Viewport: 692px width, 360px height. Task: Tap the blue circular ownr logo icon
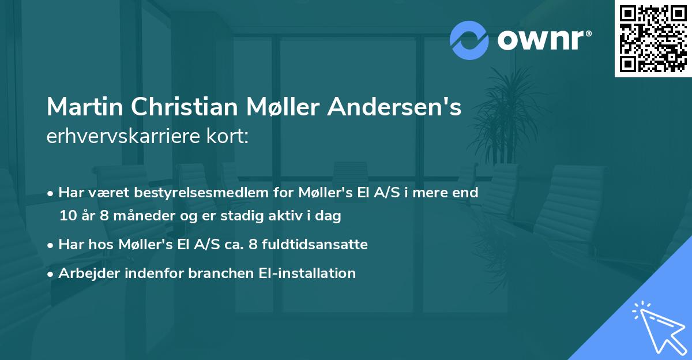[x=469, y=40]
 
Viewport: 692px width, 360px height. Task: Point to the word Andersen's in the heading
[x=394, y=107]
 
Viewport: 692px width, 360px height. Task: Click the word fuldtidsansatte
[x=316, y=245]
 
